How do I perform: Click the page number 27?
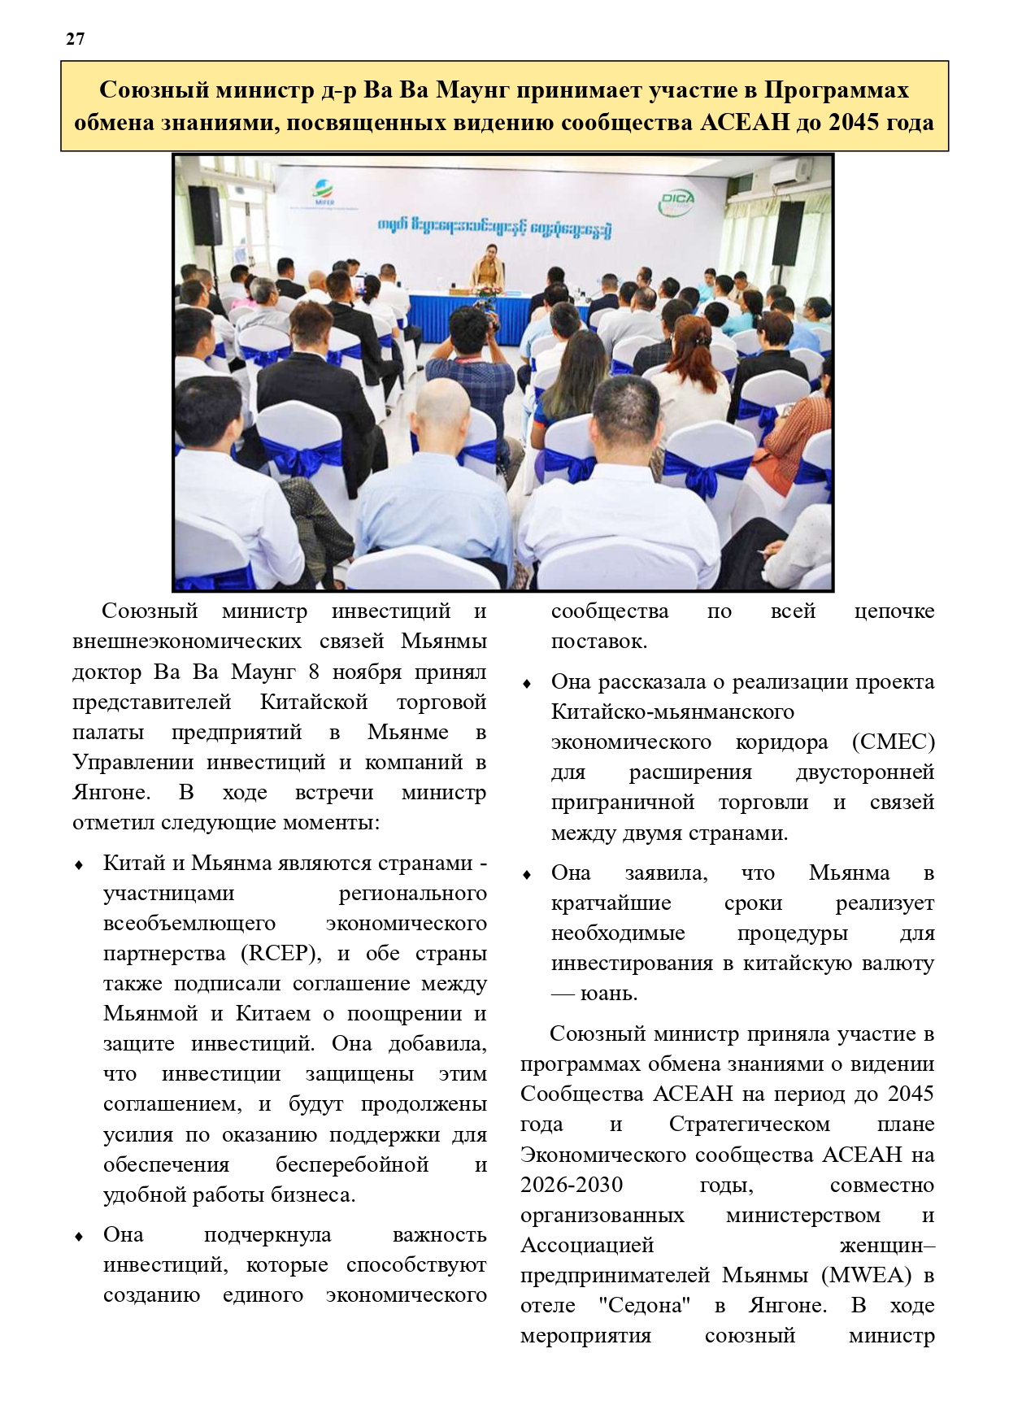[75, 39]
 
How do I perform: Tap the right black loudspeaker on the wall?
[787, 234]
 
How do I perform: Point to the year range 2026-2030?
[572, 1185]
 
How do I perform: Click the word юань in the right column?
[608, 993]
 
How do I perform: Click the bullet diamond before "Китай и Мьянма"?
[79, 864]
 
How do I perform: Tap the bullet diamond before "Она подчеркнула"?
[79, 1236]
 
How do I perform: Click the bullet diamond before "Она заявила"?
[527, 874]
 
